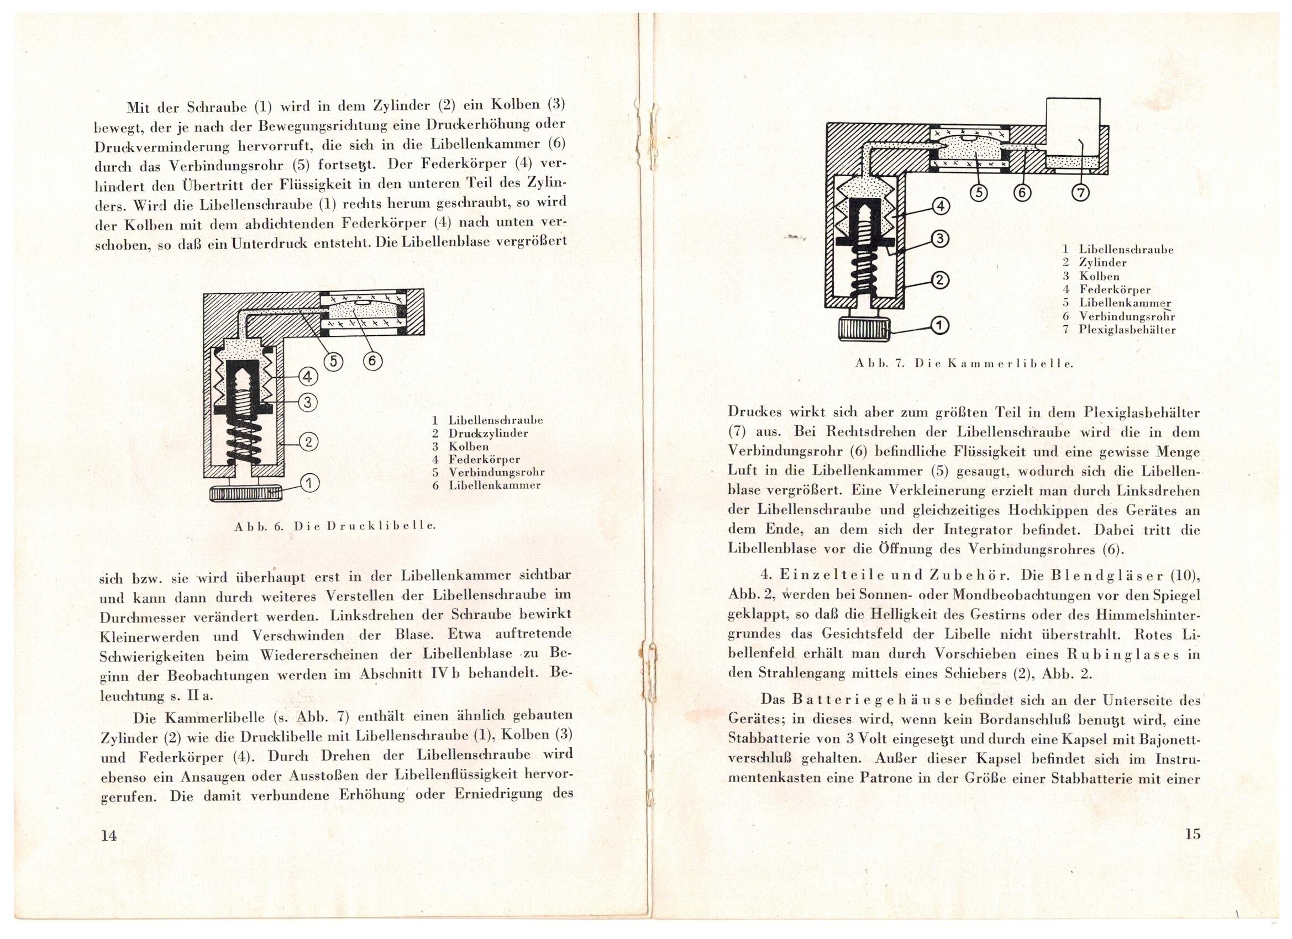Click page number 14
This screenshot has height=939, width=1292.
coord(108,835)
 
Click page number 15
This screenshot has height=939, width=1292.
coord(1193,835)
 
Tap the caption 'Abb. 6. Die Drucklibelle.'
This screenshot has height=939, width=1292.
coord(335,527)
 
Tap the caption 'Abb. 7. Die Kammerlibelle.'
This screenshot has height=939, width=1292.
coord(964,363)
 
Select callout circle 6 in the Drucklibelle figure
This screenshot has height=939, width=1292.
coord(372,361)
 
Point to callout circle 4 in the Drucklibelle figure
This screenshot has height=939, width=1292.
coord(307,376)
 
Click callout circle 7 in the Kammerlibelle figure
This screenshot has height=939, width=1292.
coord(1080,193)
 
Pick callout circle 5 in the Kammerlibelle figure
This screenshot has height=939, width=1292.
coord(978,193)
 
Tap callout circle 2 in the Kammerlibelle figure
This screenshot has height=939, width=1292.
coord(939,279)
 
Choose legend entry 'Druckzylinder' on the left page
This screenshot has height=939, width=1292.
coord(488,434)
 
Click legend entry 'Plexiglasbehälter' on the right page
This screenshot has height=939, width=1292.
coord(1127,330)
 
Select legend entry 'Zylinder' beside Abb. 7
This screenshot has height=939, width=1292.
coord(1103,263)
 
